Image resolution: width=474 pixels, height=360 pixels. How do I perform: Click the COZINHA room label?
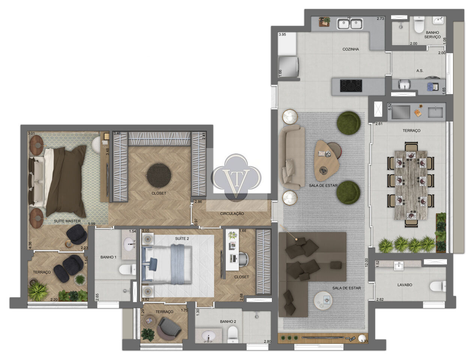(351, 49)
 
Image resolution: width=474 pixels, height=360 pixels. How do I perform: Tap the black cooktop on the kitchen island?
(351, 85)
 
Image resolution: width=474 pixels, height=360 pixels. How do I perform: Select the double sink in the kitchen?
(349, 24)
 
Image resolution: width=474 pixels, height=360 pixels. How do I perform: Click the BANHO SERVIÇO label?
(432, 35)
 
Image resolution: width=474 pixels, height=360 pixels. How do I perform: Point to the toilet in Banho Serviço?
(419, 24)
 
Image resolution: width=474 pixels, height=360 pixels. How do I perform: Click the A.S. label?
(420, 70)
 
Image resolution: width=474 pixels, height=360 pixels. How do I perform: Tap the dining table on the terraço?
(411, 185)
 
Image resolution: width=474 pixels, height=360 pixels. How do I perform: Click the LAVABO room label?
(405, 285)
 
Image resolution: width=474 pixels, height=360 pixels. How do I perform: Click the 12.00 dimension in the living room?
(366, 262)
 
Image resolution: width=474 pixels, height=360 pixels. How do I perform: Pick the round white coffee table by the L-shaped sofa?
(323, 300)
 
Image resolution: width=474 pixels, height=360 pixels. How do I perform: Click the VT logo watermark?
(236, 177)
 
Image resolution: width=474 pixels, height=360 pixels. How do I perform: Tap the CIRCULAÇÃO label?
(232, 214)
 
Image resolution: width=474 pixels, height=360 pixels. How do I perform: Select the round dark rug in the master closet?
(159, 175)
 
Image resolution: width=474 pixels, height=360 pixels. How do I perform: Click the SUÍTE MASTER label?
(67, 221)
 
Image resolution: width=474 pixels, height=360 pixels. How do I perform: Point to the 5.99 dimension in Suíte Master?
(91, 224)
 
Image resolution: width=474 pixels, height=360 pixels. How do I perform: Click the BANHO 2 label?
(228, 321)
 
